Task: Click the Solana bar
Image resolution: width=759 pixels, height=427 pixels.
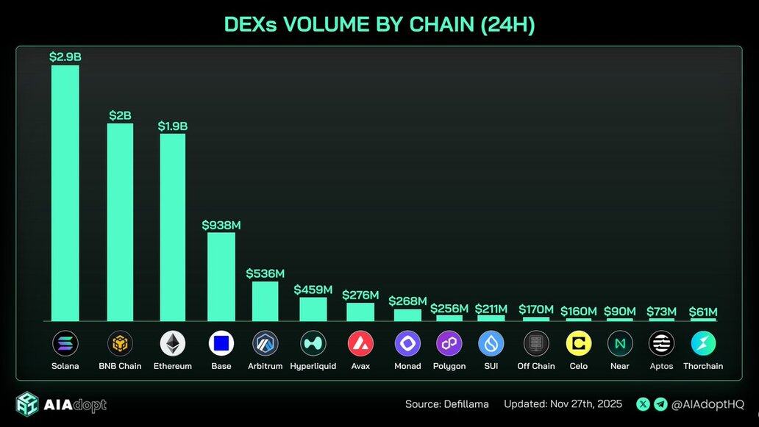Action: (65, 193)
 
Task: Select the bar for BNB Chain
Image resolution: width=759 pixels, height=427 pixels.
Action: (120, 222)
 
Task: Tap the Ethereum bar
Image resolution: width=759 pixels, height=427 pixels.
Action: (173, 227)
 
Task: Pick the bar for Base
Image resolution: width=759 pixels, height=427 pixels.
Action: (221, 276)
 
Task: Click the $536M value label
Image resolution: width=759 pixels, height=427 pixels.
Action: (265, 273)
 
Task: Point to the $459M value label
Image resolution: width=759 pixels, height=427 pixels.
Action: (313, 290)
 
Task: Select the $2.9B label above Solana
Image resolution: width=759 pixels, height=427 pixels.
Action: (65, 57)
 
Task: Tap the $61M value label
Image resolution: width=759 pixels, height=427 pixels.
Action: (702, 312)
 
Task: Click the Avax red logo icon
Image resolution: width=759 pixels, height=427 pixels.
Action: (360, 343)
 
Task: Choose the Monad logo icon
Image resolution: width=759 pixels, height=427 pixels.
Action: (407, 343)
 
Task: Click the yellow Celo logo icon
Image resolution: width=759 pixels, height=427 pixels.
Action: (579, 343)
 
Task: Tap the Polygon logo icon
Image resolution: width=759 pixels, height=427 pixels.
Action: (449, 343)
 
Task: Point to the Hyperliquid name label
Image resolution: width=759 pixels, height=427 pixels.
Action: (313, 366)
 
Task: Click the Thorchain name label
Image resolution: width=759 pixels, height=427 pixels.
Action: (703, 366)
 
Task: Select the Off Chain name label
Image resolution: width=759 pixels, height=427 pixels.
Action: (536, 366)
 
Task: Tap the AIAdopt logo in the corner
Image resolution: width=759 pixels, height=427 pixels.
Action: (60, 404)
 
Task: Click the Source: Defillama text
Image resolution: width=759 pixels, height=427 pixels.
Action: (446, 404)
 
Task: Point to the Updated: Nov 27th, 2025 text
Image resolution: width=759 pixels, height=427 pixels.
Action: (563, 404)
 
